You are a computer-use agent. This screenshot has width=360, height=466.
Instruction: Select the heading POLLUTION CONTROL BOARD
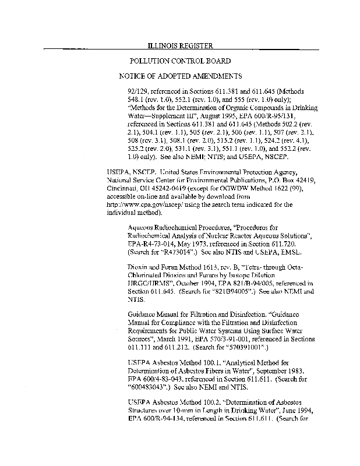[x=180, y=61]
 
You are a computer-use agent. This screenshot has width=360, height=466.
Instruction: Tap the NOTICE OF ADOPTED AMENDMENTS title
[x=180, y=76]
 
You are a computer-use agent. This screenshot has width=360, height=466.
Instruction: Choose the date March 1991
[x=174, y=340]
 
